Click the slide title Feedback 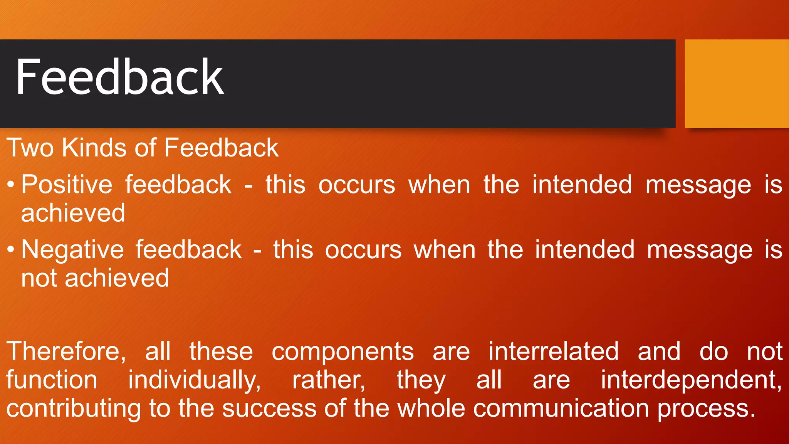click(119, 77)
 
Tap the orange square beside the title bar click(737, 84)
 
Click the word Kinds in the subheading click(94, 148)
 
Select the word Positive click(67, 185)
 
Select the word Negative click(72, 250)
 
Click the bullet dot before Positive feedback click(11, 185)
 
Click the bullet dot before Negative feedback click(11, 250)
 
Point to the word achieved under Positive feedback click(73, 213)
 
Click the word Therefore click(65, 351)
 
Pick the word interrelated click(554, 351)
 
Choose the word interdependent click(691, 380)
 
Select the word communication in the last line click(561, 409)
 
